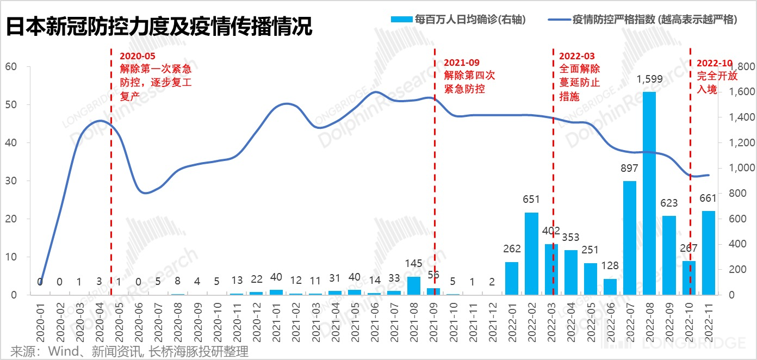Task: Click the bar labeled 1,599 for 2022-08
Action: tap(649, 193)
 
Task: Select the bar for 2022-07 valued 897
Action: tap(630, 238)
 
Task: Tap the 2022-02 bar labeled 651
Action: tap(531, 253)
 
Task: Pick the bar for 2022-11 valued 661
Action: tap(708, 253)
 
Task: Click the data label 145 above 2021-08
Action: tap(414, 264)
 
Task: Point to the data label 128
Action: tap(610, 266)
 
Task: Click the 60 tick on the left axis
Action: tap(11, 67)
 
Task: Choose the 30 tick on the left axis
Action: tap(11, 181)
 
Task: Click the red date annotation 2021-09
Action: tap(462, 63)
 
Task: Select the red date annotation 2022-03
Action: tap(577, 56)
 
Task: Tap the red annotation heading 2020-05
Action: tap(137, 56)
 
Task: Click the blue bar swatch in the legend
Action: tap(401, 20)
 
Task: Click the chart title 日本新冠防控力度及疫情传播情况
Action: tap(159, 26)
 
